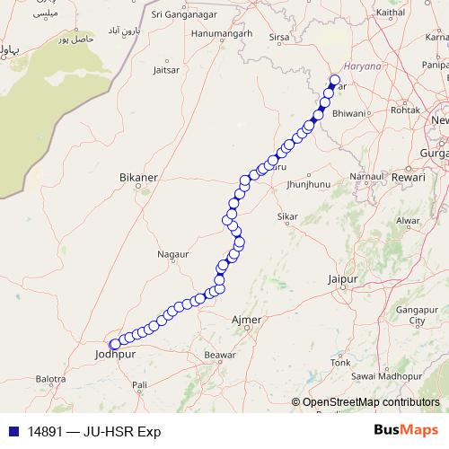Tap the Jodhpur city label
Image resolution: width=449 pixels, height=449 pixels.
(113, 355)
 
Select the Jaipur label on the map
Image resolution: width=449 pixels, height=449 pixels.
(343, 280)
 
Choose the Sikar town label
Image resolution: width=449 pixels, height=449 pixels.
(287, 217)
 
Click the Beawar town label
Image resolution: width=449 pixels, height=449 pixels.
(219, 356)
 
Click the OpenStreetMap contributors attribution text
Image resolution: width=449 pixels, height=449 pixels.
(370, 402)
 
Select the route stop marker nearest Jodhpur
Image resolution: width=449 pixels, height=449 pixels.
(114, 344)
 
